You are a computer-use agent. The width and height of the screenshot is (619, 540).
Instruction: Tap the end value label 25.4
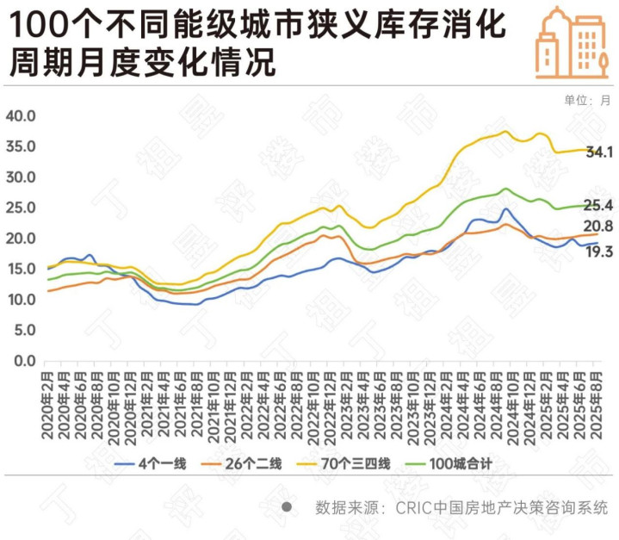tap(599, 205)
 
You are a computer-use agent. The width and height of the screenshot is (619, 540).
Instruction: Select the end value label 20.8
tap(599, 227)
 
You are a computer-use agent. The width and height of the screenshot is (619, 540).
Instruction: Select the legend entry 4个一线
tap(163, 464)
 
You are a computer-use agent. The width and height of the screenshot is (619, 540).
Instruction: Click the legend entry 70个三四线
tap(355, 464)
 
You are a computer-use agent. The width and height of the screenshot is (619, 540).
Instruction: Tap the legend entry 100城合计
tap(461, 464)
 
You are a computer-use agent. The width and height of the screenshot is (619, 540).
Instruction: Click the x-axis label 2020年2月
tap(48, 404)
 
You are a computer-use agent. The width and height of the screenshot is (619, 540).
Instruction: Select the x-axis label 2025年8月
tap(594, 404)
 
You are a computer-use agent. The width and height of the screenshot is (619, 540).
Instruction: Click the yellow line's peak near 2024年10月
tap(506, 132)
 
